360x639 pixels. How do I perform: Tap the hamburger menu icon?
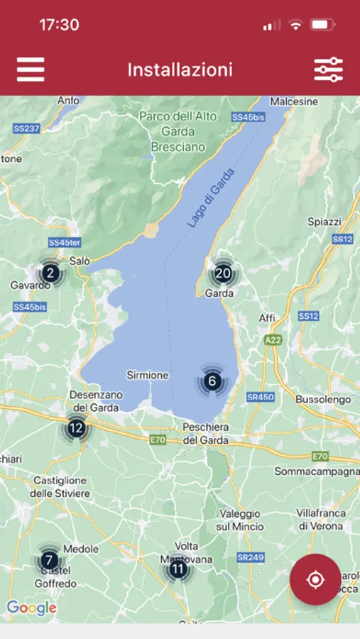(31, 70)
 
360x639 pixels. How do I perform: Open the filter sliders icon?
(328, 70)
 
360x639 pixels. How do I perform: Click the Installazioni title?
(180, 70)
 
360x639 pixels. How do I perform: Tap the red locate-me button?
(315, 579)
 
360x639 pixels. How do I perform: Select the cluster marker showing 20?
(223, 273)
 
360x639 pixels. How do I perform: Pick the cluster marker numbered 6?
(212, 381)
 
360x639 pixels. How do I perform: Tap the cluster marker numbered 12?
(76, 428)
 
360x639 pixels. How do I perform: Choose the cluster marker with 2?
(50, 273)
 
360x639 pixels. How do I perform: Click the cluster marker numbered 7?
(49, 561)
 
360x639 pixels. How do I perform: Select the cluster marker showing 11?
(178, 569)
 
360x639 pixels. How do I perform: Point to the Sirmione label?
(148, 375)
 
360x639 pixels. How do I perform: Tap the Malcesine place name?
(294, 102)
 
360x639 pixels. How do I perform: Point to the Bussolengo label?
(323, 400)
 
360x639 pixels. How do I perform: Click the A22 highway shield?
(273, 341)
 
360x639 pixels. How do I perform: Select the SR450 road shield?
(260, 397)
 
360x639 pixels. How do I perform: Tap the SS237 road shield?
(26, 129)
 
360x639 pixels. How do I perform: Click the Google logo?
(31, 608)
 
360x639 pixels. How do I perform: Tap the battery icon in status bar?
(322, 25)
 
